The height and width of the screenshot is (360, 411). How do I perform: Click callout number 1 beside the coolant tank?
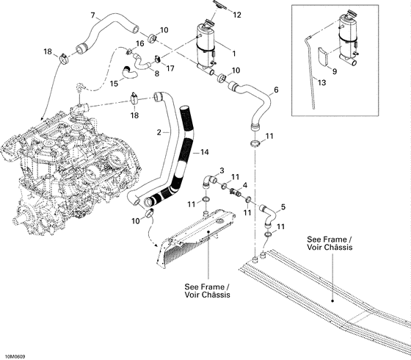tap(233, 53)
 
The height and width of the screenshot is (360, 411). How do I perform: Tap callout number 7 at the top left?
tap(92, 15)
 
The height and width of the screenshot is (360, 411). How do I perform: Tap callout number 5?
tap(284, 207)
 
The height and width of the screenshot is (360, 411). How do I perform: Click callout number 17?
tap(170, 68)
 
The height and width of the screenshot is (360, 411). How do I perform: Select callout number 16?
tap(139, 44)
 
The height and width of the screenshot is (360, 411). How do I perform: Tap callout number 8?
tap(155, 73)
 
